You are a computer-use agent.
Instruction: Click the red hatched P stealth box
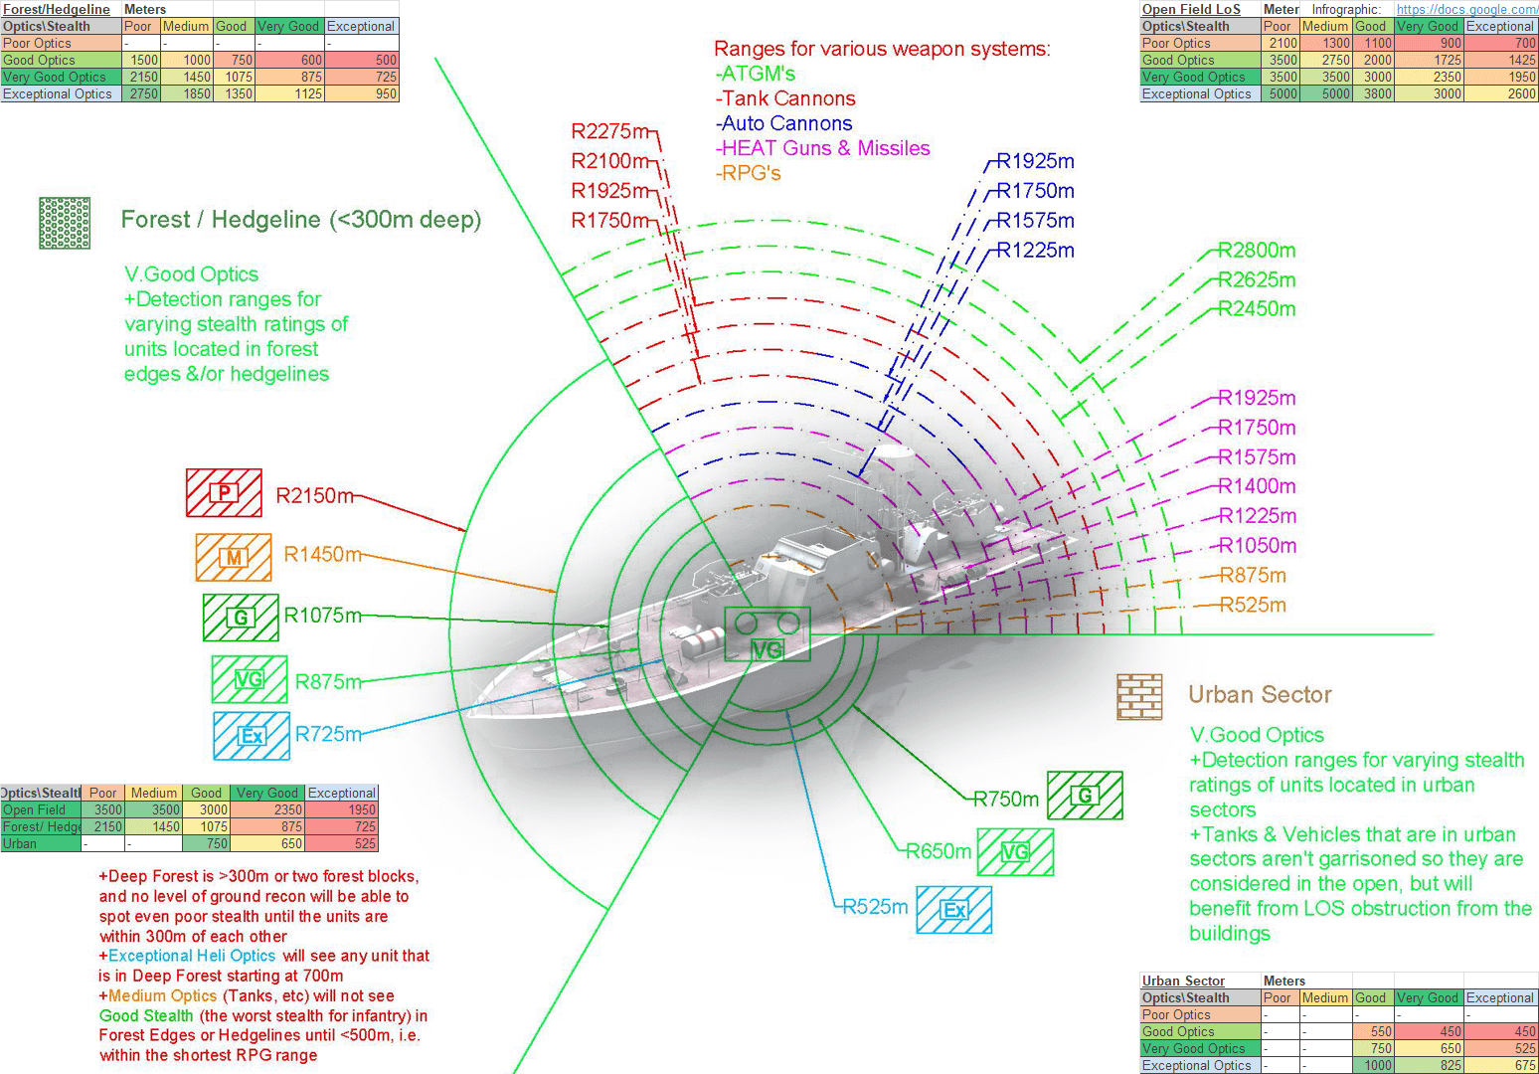point(224,492)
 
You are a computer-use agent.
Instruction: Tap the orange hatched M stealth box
point(234,557)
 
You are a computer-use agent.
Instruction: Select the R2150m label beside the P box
point(315,495)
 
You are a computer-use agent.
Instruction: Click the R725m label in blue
point(328,734)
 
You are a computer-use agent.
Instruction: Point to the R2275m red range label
point(610,130)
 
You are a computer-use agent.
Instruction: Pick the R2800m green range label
point(1257,251)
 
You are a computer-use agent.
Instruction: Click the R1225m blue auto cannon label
point(1035,251)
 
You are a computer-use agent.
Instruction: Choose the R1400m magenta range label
point(1258,486)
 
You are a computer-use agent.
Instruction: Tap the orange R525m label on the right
point(1253,605)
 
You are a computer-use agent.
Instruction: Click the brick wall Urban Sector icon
point(1139,696)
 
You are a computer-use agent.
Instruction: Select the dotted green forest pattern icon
point(65,224)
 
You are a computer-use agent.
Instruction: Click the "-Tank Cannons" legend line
point(785,99)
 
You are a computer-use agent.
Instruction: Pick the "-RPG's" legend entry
point(749,173)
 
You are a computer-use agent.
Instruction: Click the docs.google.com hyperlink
point(1466,9)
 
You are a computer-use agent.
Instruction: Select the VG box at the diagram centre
point(768,634)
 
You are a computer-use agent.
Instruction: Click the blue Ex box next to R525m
point(954,910)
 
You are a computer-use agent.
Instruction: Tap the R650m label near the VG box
point(939,851)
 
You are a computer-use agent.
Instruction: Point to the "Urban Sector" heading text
point(1260,695)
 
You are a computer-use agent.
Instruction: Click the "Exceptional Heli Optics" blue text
point(192,956)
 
